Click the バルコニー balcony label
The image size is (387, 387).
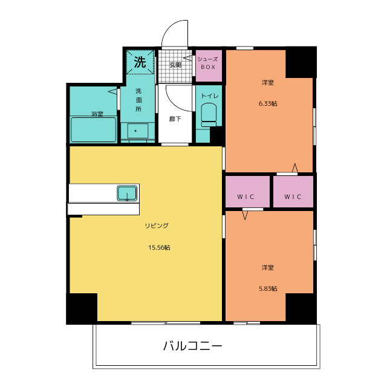[193, 346]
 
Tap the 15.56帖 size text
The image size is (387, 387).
[160, 247]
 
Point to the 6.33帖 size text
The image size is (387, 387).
[268, 103]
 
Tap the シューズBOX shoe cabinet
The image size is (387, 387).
[208, 63]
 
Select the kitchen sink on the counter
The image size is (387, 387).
[127, 193]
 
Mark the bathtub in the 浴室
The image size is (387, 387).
[94, 129]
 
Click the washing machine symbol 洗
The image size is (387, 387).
[140, 61]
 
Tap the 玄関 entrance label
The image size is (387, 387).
[175, 64]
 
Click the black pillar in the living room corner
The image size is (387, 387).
[82, 308]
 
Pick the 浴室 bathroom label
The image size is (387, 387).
[97, 114]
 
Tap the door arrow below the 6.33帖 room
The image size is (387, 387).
[295, 167]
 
